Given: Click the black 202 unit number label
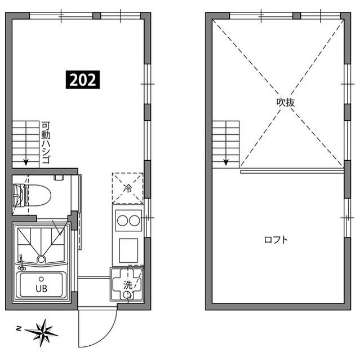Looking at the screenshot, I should tap(84, 80).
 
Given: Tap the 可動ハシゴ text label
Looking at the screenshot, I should tap(46, 142).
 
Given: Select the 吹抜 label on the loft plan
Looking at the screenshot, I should tap(286, 103).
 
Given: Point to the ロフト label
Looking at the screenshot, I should tap(276, 240).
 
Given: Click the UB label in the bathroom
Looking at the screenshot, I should tap(41, 288).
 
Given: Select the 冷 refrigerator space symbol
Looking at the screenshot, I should tap(128, 188).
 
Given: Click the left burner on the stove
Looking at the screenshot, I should tap(122, 221).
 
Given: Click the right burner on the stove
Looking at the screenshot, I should tap(135, 221).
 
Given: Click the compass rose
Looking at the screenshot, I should tap(42, 331).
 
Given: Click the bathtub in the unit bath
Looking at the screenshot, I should tap(41, 285).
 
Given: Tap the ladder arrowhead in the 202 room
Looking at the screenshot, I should tap(26, 164).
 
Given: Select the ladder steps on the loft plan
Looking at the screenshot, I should tap(226, 141).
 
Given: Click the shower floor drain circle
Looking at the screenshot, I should tap(41, 259).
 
